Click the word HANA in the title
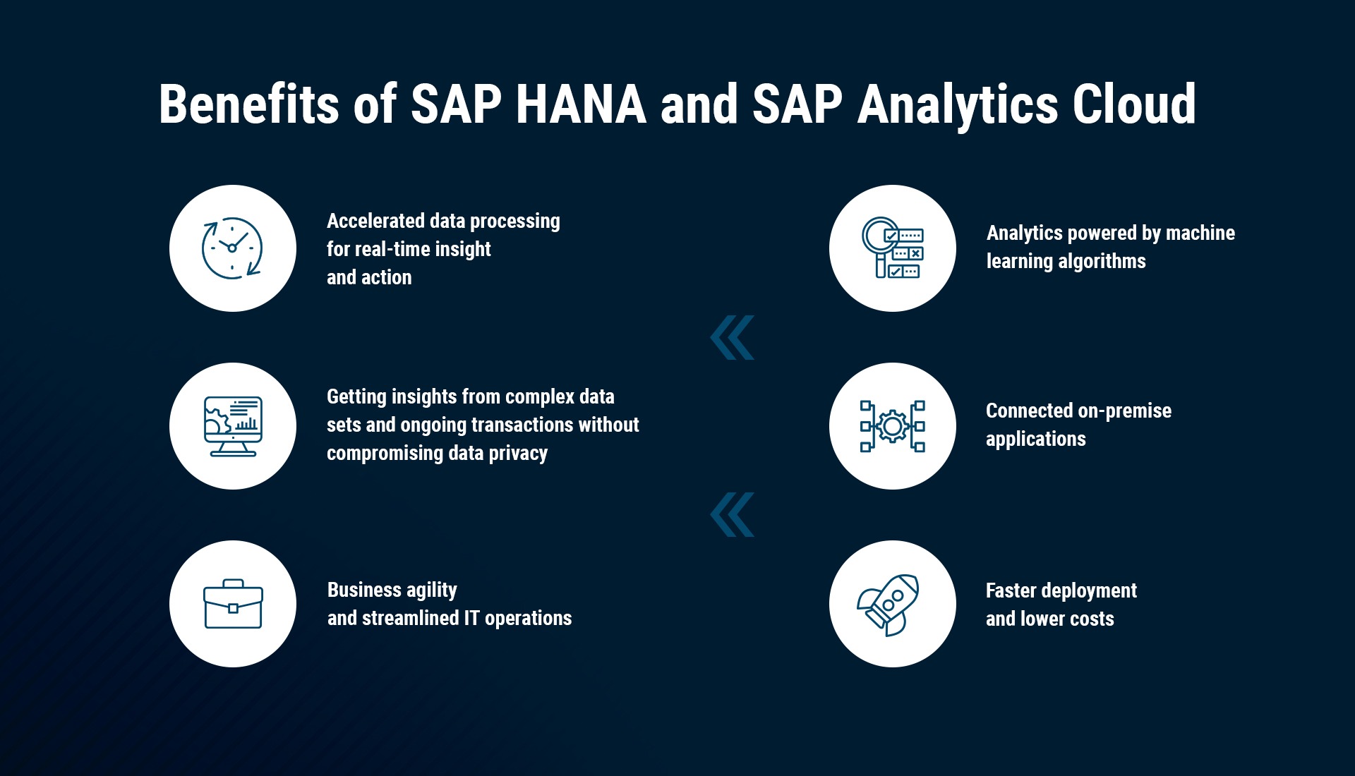point(581,104)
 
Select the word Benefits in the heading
point(249,104)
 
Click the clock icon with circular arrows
point(232,248)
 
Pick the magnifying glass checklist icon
point(893,248)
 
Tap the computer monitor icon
point(233,426)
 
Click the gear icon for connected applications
point(893,426)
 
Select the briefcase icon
point(233,604)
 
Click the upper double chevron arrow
point(732,337)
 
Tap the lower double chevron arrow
point(732,514)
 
